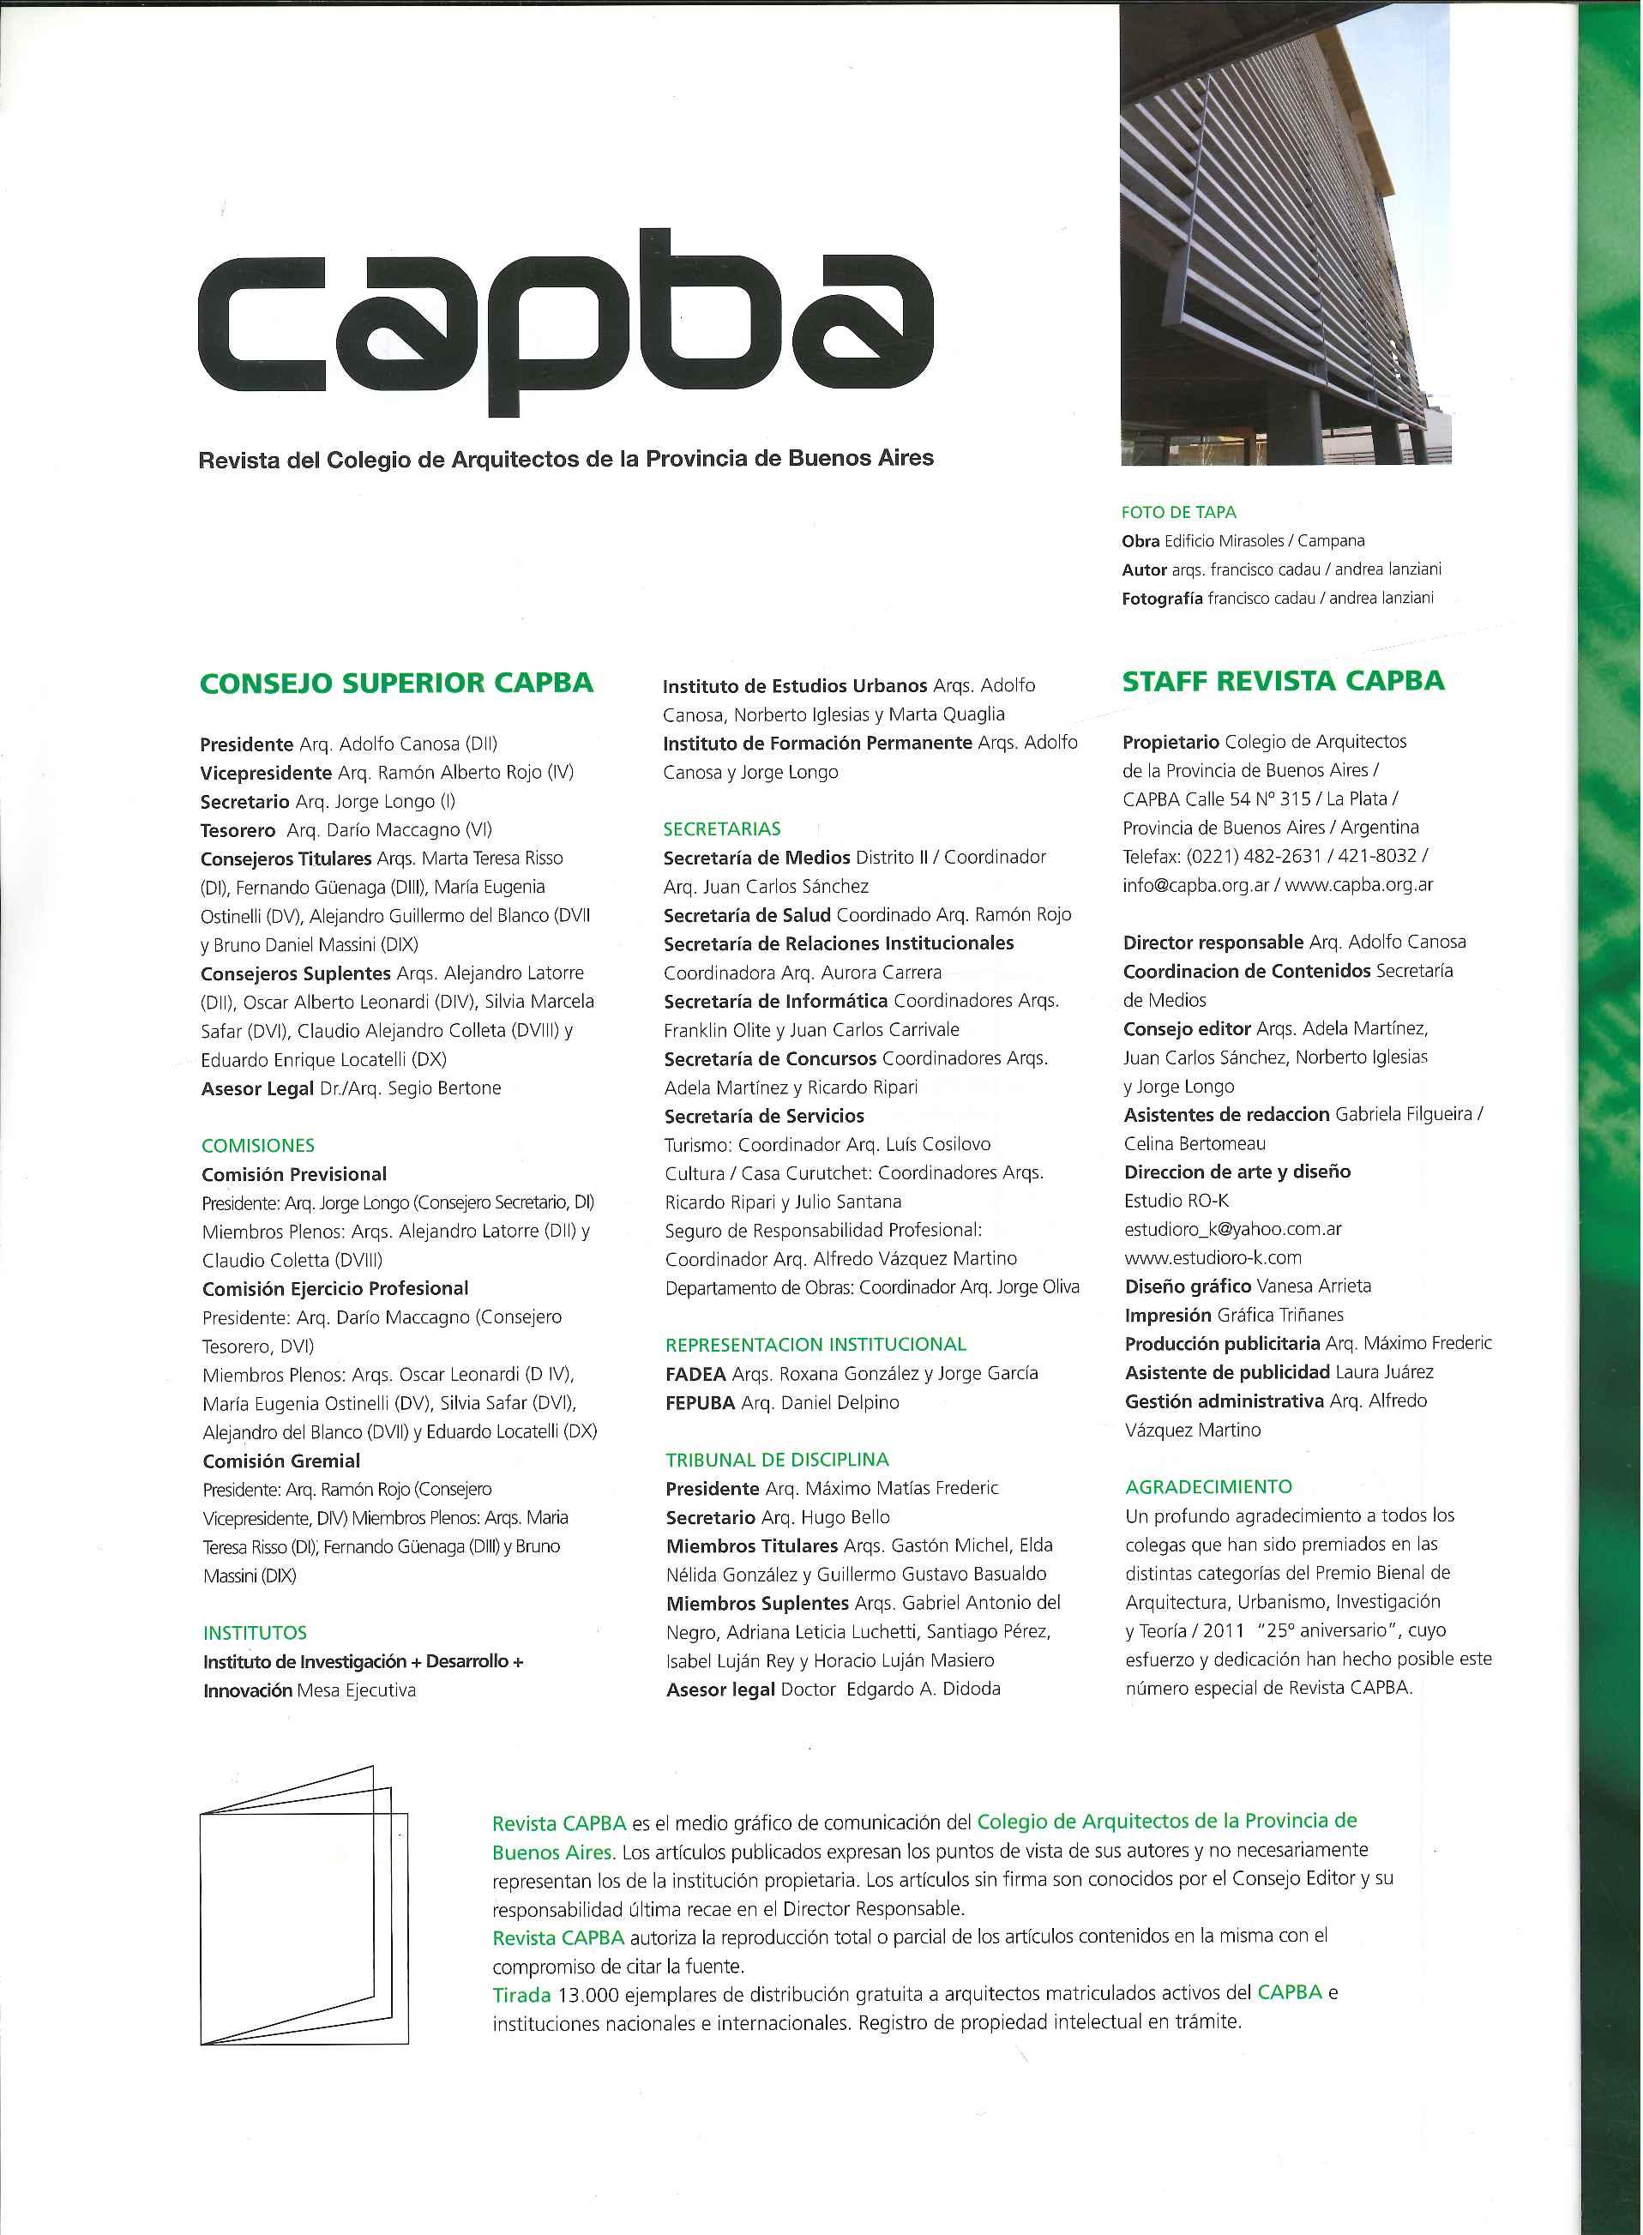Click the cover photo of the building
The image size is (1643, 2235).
[1284, 234]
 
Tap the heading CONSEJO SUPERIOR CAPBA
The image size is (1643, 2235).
[396, 684]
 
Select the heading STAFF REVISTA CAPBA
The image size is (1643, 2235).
[1283, 681]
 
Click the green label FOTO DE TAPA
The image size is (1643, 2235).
[1178, 512]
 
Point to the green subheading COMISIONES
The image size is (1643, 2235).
[257, 1145]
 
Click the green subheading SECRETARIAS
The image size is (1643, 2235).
[722, 828]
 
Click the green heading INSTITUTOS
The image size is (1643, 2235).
[255, 1632]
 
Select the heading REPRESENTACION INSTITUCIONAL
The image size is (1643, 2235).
[815, 1345]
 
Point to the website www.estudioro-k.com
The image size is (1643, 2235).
[1213, 1257]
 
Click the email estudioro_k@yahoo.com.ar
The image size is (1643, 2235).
[1232, 1228]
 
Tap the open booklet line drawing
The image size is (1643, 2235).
[304, 1905]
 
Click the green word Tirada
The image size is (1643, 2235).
[521, 1993]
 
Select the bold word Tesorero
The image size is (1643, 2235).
[238, 829]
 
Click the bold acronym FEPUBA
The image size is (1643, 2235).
[699, 1402]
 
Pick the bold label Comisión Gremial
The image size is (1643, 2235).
[280, 1461]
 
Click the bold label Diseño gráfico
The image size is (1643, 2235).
[1188, 1286]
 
